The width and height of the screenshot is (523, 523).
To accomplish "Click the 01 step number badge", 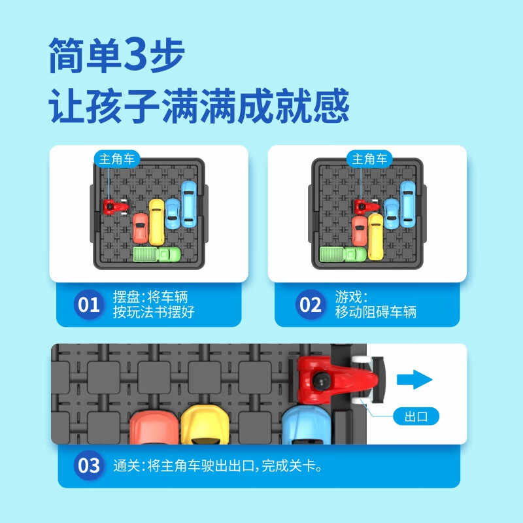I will tap(89, 305).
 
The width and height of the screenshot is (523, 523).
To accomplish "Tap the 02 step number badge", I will tap(309, 305).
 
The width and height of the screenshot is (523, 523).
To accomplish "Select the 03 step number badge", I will tap(89, 465).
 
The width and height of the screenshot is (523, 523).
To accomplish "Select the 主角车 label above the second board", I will tap(370, 158).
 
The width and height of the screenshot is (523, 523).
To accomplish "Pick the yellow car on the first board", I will tap(157, 221).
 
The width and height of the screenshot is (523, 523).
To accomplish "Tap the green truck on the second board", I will tap(343, 254).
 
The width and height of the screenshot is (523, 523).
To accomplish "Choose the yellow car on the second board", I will tap(376, 236).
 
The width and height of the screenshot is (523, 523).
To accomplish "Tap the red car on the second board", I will tap(359, 229).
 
